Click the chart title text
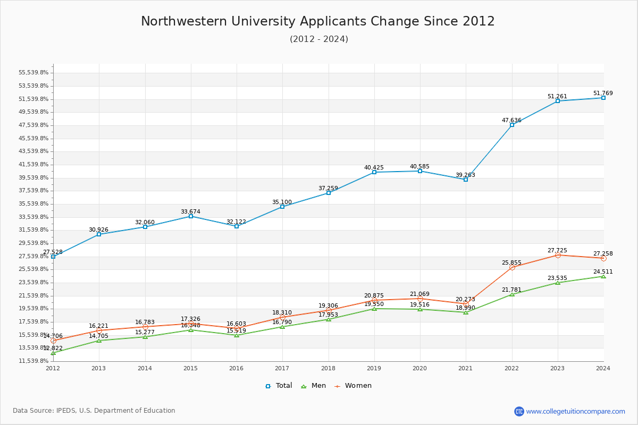[318, 21]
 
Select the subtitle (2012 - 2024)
[319, 39]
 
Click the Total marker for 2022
[512, 125]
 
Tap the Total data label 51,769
[603, 93]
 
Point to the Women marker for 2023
[558, 256]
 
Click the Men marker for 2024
[603, 276]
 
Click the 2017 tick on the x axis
[282, 368]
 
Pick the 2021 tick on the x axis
[466, 368]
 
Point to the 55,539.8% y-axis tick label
[33, 73]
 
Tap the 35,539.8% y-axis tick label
[33, 204]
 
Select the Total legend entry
[279, 386]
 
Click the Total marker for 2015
[191, 216]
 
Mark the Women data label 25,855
[511, 262]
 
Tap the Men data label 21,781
[511, 290]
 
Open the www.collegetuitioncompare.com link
[575, 411]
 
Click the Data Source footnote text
[94, 411]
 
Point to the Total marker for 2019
[374, 172]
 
